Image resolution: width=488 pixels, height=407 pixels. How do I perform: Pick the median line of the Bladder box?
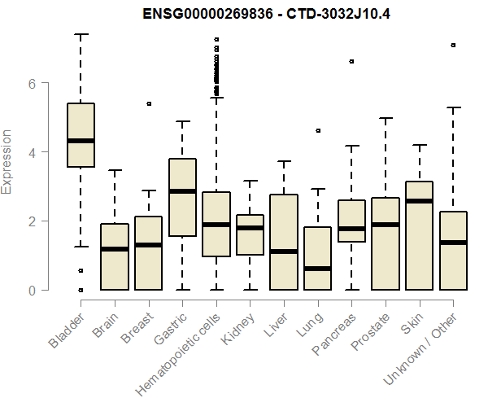pos(81,141)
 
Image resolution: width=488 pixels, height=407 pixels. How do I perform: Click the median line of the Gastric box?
pos(182,191)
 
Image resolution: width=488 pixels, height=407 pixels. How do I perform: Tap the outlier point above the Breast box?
pos(149,104)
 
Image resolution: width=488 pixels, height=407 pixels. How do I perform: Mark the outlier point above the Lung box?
pos(318,130)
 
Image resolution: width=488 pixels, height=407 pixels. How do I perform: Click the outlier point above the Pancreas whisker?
pos(351,62)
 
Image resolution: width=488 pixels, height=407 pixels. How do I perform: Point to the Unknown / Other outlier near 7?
pos(453,46)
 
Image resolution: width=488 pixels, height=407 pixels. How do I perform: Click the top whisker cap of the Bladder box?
pos(81,35)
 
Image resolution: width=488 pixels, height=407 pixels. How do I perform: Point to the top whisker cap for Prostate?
pos(386,118)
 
